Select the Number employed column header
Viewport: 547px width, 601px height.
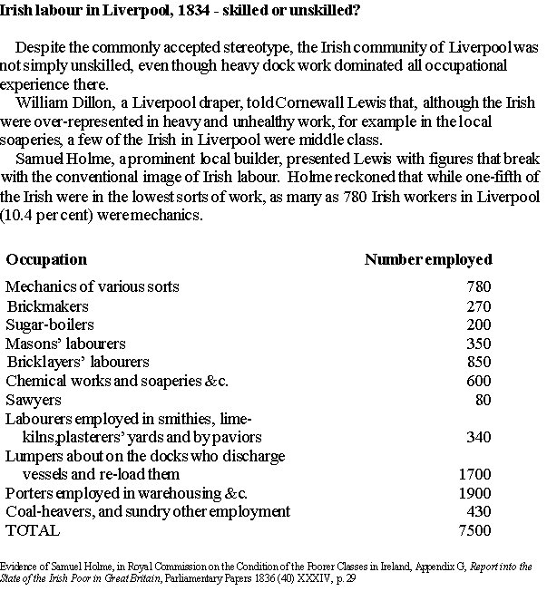tap(427, 260)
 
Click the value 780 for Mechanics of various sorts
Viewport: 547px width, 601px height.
tap(478, 287)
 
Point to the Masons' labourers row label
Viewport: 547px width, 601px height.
tap(65, 344)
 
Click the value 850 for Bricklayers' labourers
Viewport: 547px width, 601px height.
tap(478, 364)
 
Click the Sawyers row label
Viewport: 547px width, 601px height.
tap(34, 400)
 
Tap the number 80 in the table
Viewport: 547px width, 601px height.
tap(483, 401)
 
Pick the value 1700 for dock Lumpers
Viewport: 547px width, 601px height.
tap(474, 474)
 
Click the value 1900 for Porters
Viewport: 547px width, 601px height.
tap(474, 493)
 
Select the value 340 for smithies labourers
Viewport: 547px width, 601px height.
tap(478, 438)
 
